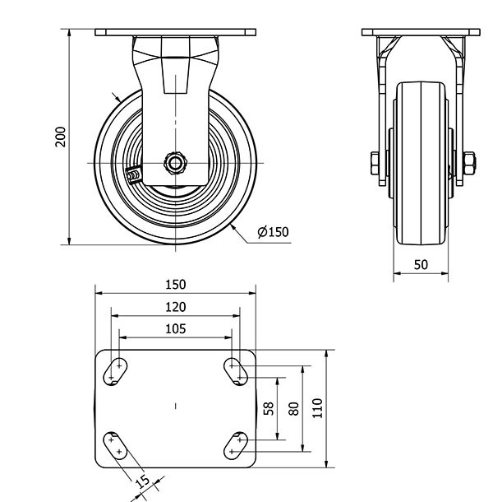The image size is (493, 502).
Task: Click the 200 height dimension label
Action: click(60, 137)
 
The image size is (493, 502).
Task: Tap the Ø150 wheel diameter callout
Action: click(273, 232)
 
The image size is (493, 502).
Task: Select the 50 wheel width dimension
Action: click(421, 265)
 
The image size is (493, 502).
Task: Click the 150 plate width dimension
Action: click(176, 285)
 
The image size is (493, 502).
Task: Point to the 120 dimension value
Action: click(176, 307)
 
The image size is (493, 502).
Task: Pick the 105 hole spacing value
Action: click(176, 329)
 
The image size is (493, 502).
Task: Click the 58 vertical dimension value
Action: click(269, 408)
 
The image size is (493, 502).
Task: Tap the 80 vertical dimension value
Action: click(293, 408)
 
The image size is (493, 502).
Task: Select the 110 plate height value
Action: click(317, 408)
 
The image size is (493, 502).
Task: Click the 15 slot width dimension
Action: click(143, 481)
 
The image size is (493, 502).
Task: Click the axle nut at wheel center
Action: click(175, 163)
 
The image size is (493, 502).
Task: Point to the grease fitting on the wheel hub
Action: click(134, 175)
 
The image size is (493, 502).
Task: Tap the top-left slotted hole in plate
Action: click(115, 371)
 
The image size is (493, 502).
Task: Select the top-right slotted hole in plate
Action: click(236, 371)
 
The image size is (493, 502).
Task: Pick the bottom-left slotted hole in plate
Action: click(115, 446)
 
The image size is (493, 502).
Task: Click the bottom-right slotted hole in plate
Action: click(236, 446)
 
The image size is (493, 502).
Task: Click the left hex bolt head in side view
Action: click(375, 163)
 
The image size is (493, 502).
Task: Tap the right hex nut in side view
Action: click(469, 163)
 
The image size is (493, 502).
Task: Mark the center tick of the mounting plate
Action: click(176, 407)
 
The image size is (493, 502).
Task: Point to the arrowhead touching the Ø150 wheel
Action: click(233, 228)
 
